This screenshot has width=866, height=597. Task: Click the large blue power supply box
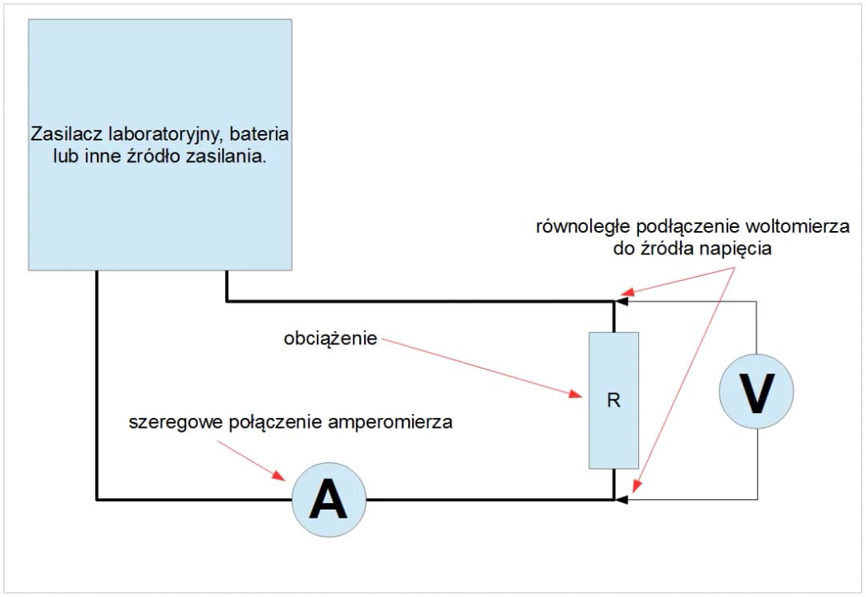160,80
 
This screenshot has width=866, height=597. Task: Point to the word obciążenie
330,339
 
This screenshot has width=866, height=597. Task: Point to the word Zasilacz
63,134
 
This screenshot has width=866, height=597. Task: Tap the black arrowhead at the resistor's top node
619,302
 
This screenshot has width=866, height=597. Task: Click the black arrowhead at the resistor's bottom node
619,499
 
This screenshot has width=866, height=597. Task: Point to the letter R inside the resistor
613,400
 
